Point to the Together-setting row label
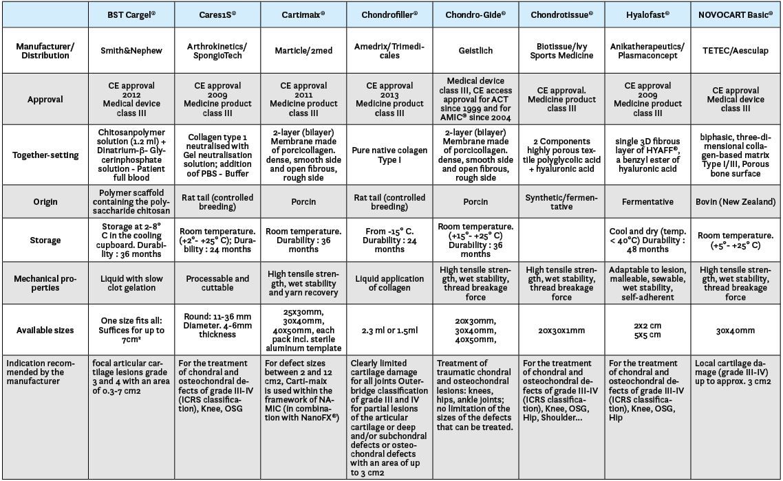(x=45, y=155)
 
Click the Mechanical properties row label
(x=45, y=283)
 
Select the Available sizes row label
(x=45, y=331)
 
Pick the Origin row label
(x=45, y=202)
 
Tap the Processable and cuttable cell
(x=217, y=283)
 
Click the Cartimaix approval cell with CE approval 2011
(x=303, y=100)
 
